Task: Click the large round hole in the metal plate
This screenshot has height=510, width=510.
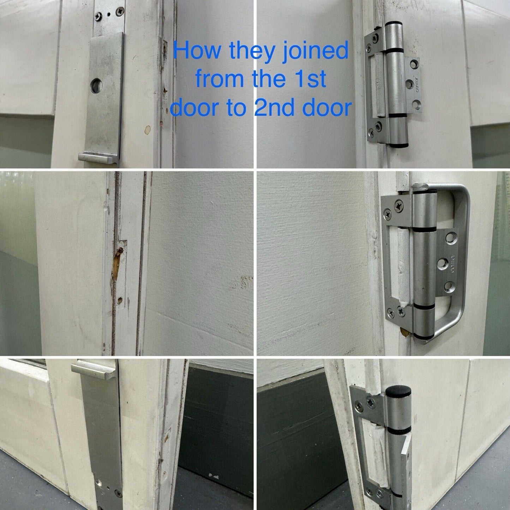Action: coord(96,86)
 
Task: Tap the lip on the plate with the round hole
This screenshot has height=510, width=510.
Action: coord(98,158)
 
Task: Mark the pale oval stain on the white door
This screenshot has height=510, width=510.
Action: coord(148,130)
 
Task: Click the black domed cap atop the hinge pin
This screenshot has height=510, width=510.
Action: coord(398,390)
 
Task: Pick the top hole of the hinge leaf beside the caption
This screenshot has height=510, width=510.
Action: coord(414,64)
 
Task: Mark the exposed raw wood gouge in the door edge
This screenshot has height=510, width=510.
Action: coord(116,264)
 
